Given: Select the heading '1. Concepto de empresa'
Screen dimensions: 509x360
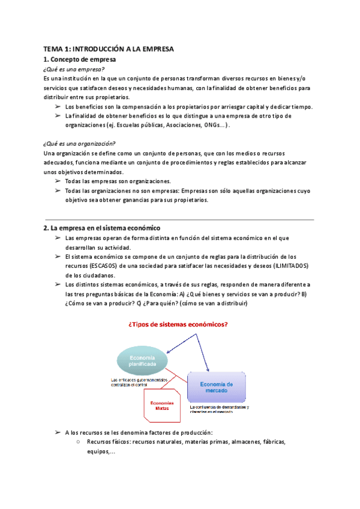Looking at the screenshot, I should [80, 60].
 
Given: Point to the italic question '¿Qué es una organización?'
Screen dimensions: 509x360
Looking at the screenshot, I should [80, 143].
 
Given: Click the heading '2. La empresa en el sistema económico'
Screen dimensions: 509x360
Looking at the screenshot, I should [102, 228].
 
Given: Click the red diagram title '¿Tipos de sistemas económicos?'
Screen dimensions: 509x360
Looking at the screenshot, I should [179, 325].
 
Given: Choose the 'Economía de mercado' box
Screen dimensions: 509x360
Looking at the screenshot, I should [217, 387].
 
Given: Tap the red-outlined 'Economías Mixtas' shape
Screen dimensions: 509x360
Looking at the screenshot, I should [162, 406].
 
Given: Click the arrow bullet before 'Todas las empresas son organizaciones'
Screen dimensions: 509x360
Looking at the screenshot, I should [58, 181].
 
